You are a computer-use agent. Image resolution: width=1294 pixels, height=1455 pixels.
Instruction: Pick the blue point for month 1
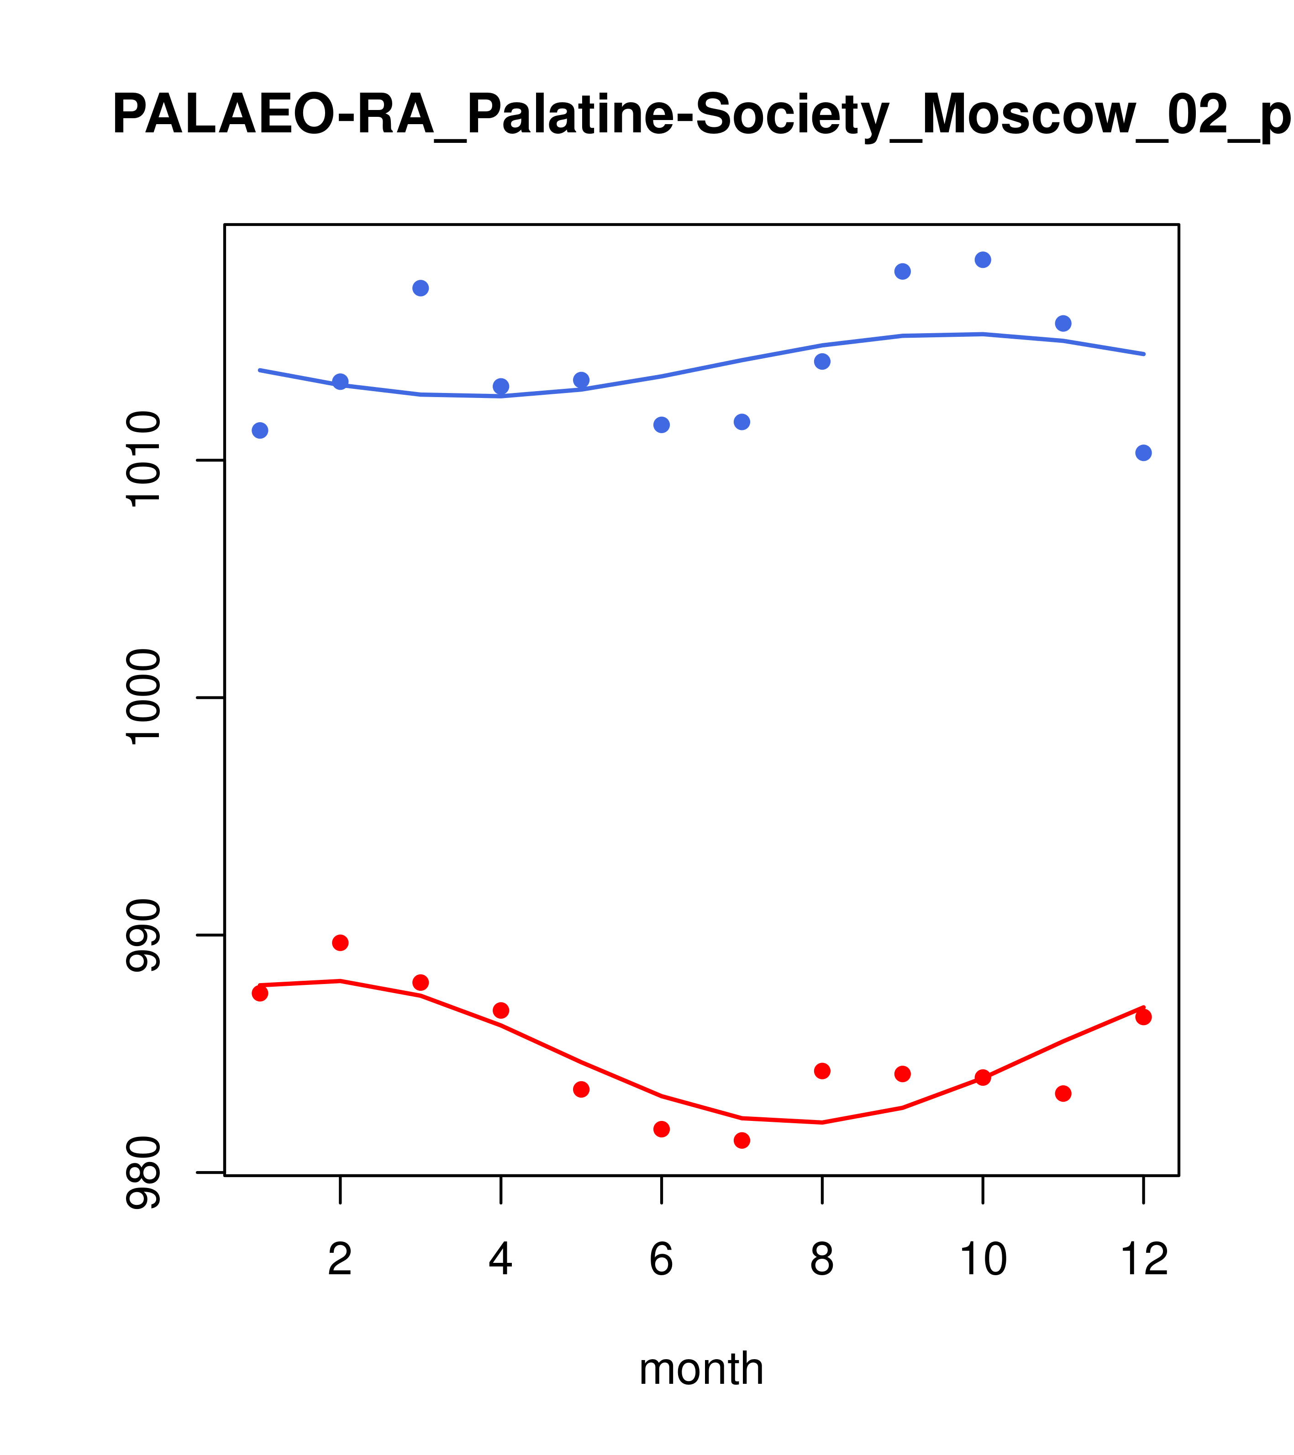click(260, 431)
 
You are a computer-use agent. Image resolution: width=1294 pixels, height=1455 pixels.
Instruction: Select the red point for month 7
click(742, 1141)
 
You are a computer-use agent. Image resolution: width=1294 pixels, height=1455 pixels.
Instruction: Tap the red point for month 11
click(1063, 1094)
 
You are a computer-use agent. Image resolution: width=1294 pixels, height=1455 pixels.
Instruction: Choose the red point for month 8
click(822, 1071)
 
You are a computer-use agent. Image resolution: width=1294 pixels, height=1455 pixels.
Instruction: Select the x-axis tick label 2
click(341, 1260)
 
